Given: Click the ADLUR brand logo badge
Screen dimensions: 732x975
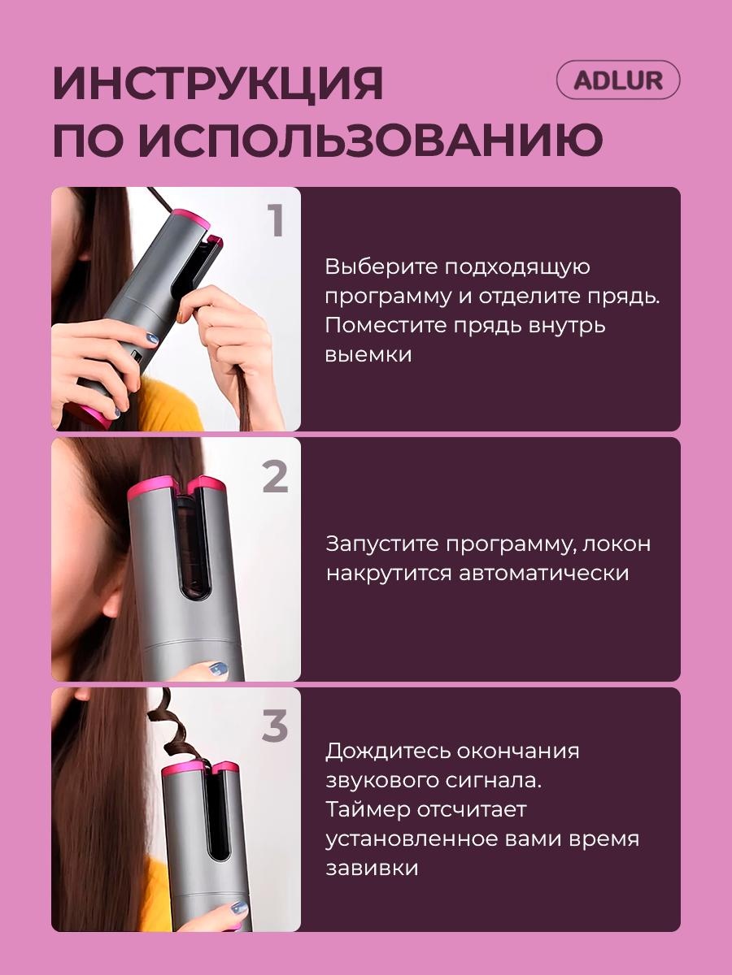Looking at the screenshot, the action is coord(618,80).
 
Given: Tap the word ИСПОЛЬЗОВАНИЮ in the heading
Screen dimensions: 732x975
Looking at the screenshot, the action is coord(373,139).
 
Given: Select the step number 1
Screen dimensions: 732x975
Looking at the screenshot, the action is coord(277,220).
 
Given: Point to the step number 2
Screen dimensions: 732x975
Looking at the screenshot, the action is coord(276,476).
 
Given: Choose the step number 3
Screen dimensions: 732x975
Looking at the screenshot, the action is coord(275,726).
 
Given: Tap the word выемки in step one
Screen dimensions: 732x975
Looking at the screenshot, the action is coord(368,355).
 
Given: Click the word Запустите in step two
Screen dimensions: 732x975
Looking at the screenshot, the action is coord(382,544).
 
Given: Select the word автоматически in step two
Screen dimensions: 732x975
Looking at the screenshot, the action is coord(543,574).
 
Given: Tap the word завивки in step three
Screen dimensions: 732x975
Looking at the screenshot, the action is coord(372,869).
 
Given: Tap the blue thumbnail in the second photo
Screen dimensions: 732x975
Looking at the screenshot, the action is coord(218,669).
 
